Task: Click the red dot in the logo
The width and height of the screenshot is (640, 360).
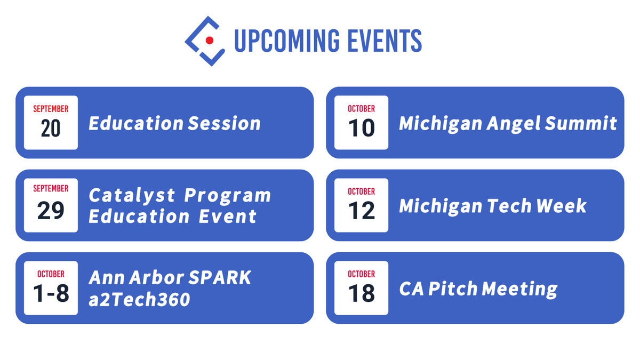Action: [210, 41]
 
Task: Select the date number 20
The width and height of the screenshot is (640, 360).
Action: [51, 129]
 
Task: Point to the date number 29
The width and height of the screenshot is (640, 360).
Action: [51, 211]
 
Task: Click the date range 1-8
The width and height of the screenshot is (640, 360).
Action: [51, 294]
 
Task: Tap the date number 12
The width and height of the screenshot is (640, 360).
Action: [361, 211]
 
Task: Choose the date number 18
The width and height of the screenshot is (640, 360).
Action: [361, 294]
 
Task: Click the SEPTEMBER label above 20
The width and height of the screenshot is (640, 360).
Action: [51, 109]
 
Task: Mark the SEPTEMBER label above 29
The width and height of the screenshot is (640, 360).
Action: [51, 189]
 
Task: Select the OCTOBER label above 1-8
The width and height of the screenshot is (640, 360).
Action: [51, 274]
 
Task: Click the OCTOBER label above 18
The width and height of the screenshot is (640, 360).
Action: [361, 274]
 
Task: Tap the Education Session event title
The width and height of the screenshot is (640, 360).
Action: [174, 123]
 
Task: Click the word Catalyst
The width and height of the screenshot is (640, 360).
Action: [132, 196]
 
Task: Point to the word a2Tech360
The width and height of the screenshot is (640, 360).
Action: [139, 299]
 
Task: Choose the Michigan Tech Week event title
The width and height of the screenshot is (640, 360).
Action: [492, 206]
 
